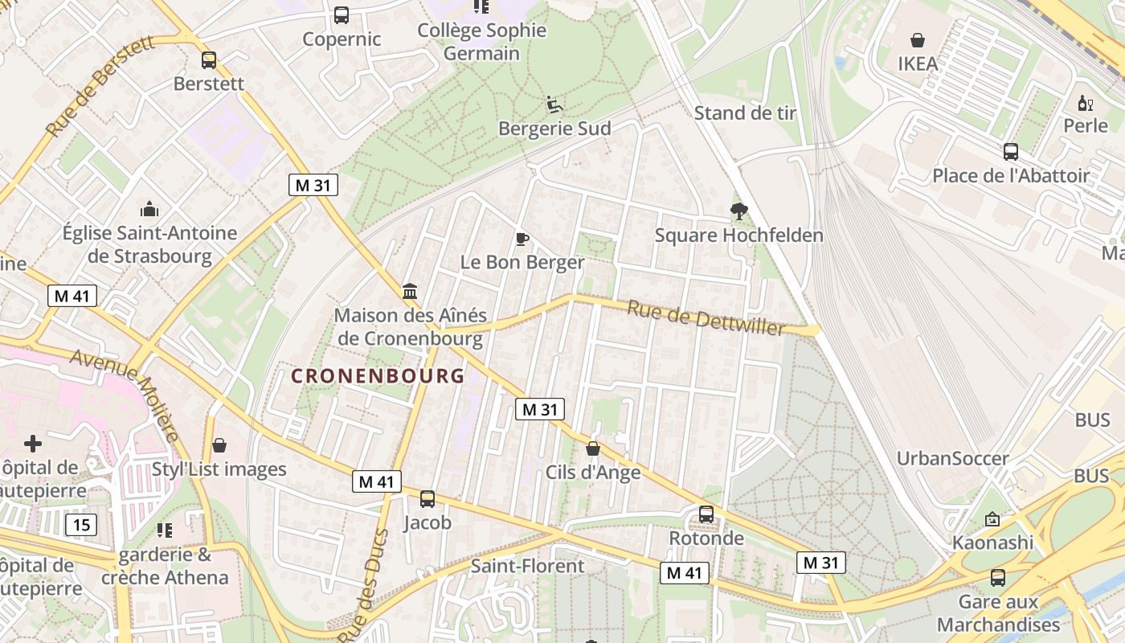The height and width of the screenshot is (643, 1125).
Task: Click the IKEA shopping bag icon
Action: click(917, 39)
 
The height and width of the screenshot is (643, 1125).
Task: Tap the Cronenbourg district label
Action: click(378, 375)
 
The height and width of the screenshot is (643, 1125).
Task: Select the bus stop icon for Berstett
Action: click(209, 60)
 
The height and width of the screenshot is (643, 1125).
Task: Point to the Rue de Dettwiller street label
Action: click(706, 318)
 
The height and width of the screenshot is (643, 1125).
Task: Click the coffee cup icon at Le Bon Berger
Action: click(522, 239)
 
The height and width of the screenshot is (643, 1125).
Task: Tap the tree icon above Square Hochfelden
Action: click(738, 211)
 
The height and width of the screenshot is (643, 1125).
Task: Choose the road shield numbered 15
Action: click(81, 525)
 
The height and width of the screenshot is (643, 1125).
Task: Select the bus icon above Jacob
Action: click(427, 498)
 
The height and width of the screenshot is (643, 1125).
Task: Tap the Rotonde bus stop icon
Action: click(706, 514)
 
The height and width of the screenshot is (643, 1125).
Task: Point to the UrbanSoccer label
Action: click(952, 458)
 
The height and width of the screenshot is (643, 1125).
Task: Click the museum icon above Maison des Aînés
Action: click(410, 291)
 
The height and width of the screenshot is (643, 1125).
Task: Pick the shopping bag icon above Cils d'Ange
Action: click(593, 448)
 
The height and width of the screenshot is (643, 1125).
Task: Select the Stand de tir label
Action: click(745, 113)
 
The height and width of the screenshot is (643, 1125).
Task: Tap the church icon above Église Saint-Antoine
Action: click(149, 210)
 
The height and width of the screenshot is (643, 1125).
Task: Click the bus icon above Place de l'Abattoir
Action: click(1011, 151)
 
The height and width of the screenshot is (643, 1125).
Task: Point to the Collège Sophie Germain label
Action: click(482, 42)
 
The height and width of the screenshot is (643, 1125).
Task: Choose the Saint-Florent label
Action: click(527, 566)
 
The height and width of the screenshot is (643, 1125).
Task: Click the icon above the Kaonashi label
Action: click(992, 519)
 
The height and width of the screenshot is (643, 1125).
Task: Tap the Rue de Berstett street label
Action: click(100, 86)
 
